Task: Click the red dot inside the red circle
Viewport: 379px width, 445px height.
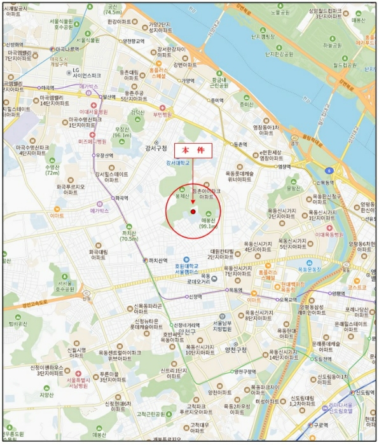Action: coord(193,212)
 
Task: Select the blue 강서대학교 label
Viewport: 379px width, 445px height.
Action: coord(180,163)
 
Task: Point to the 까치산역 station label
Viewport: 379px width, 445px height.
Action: coord(156,260)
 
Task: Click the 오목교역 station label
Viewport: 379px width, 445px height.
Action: coord(289,299)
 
